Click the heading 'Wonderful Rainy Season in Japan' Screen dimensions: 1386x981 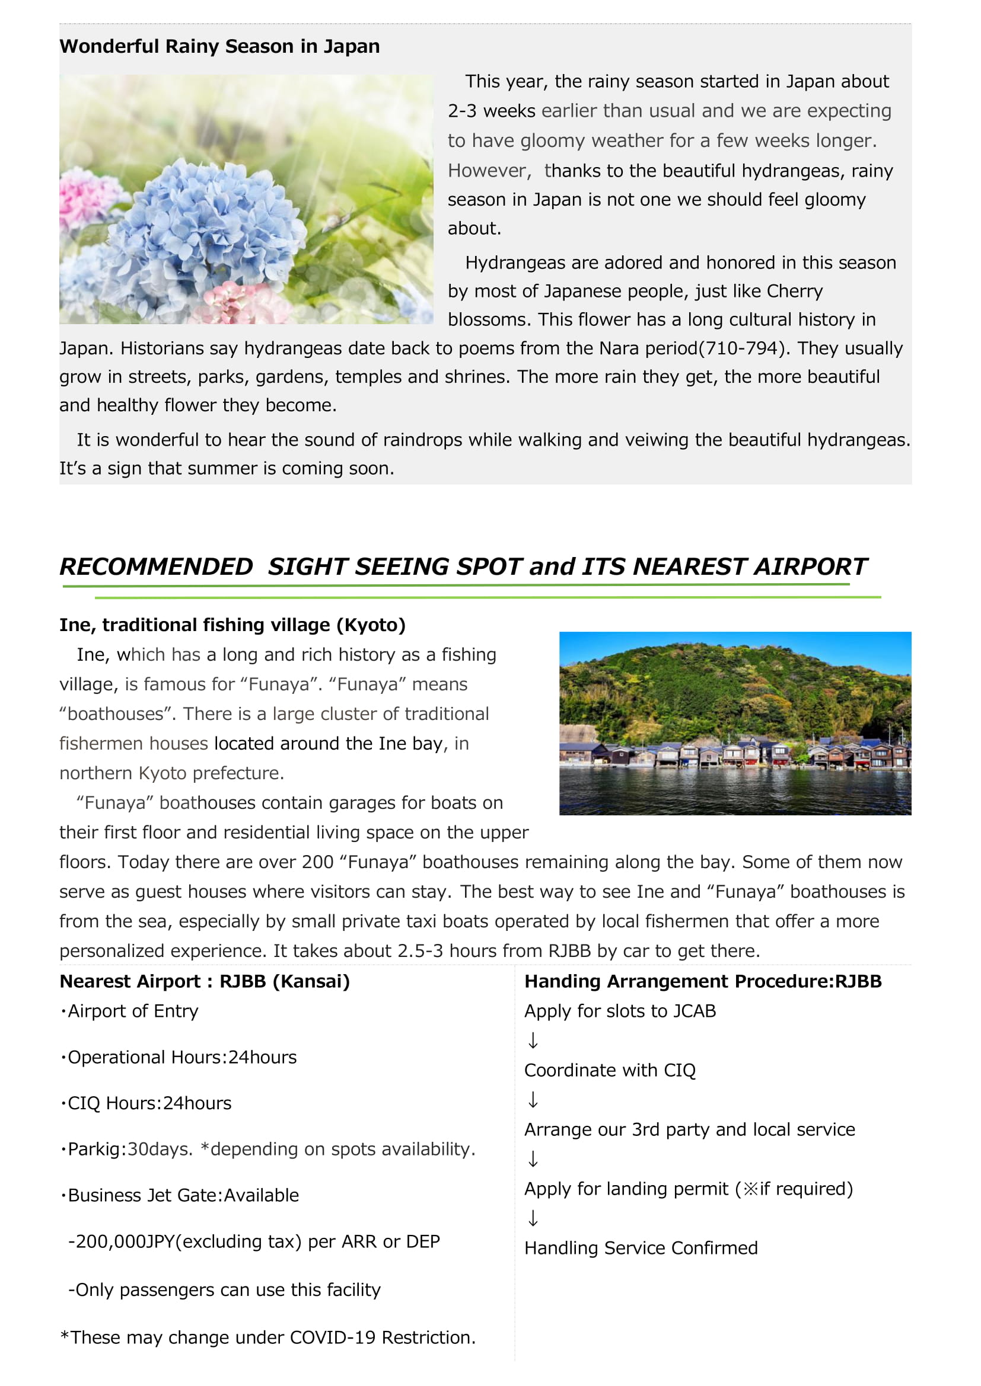click(219, 46)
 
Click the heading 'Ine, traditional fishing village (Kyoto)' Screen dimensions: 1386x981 click(232, 625)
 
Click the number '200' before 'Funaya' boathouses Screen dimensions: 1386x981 click(318, 862)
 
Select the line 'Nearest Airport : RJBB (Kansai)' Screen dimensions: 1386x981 click(204, 981)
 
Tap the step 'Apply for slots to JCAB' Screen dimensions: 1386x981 click(620, 1010)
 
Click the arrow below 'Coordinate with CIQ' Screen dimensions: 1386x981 click(533, 1100)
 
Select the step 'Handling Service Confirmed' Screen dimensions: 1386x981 click(641, 1248)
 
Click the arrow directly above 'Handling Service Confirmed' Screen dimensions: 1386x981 click(533, 1218)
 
